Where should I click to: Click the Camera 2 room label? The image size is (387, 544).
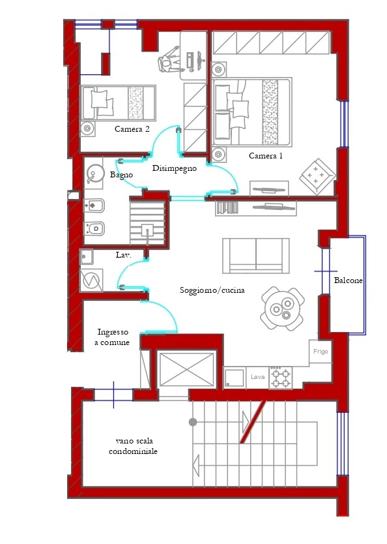coord(132,129)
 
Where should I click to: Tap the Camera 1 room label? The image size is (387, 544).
coord(266,156)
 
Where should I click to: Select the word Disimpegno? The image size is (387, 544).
coord(175,168)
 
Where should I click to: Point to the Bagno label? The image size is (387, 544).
coord(121,175)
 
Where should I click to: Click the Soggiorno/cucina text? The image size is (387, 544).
coord(212,290)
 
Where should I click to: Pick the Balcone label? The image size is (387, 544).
coord(348,280)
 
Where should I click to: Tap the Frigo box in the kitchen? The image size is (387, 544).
coord(321,352)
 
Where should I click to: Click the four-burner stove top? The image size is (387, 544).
coord(281,378)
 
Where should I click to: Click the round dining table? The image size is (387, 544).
coord(282,308)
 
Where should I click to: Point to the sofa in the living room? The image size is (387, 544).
coord(256,256)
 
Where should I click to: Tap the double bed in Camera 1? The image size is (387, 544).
coord(252,112)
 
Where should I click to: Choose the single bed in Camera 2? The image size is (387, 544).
coord(118,103)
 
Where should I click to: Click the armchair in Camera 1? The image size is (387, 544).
coord(317,176)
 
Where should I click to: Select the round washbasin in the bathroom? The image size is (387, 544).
coord(94,174)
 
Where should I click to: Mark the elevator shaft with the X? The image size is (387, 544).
coord(187,369)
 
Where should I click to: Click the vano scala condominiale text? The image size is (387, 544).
coord(133,446)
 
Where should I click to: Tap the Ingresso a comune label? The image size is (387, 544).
coord(112,337)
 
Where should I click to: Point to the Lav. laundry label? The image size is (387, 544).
coord(123,255)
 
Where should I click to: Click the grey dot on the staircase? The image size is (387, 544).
coord(193,422)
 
